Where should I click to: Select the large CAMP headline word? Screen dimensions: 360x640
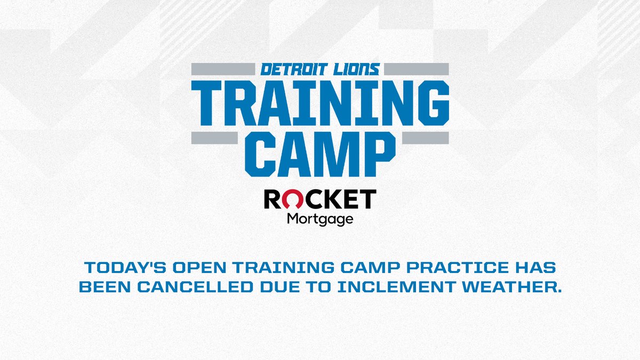320,154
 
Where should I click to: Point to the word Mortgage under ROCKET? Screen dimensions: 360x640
320,219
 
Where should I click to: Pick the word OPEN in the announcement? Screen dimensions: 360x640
190,266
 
